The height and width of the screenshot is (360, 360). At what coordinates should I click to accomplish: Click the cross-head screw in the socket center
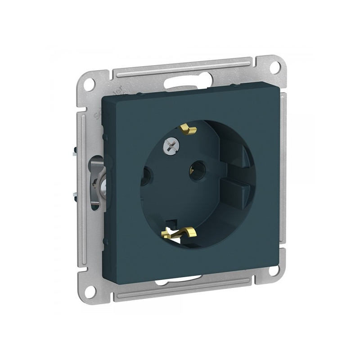click(171, 146)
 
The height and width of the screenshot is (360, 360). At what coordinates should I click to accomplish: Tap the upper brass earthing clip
click(189, 130)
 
